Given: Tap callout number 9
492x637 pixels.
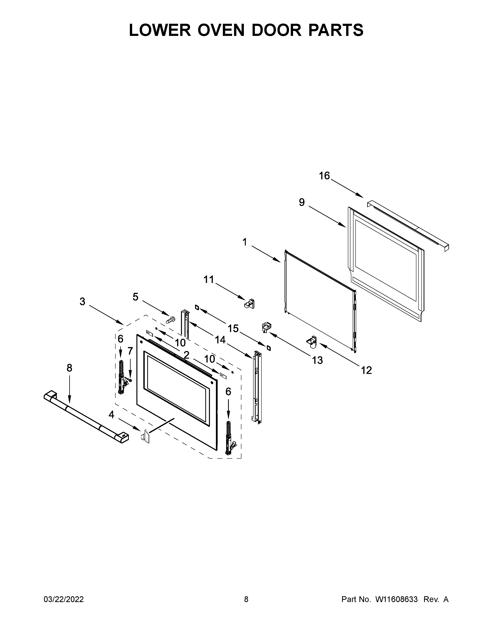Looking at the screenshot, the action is click(302, 202).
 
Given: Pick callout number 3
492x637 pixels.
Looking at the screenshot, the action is click(83, 301).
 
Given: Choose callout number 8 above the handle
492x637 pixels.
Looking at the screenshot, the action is click(69, 368).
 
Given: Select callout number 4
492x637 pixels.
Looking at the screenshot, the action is click(111, 414).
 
